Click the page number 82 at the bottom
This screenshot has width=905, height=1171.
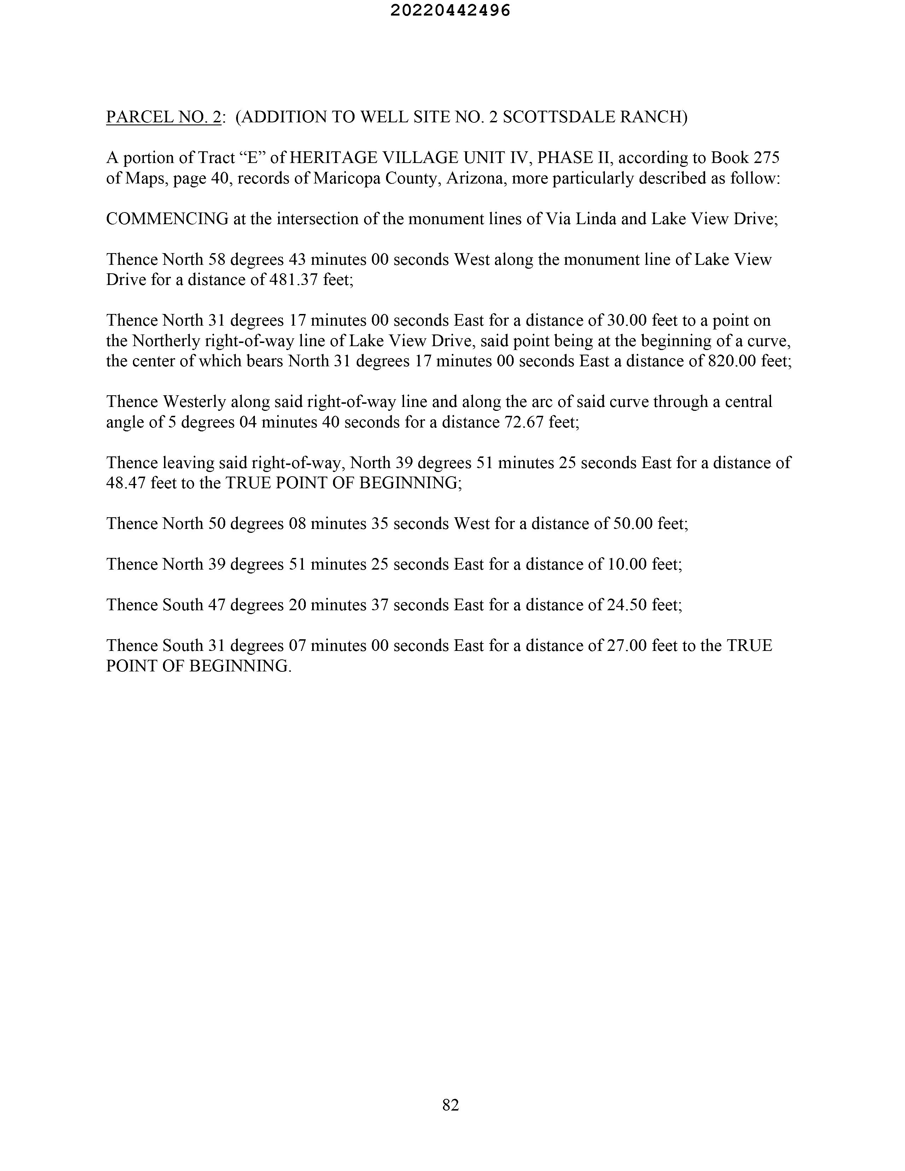pos(450,1105)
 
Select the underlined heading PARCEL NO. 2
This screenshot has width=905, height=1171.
pos(164,117)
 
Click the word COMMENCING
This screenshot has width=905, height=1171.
pos(167,219)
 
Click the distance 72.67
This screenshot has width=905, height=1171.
pos(524,423)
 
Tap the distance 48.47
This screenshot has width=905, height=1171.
pos(126,483)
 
